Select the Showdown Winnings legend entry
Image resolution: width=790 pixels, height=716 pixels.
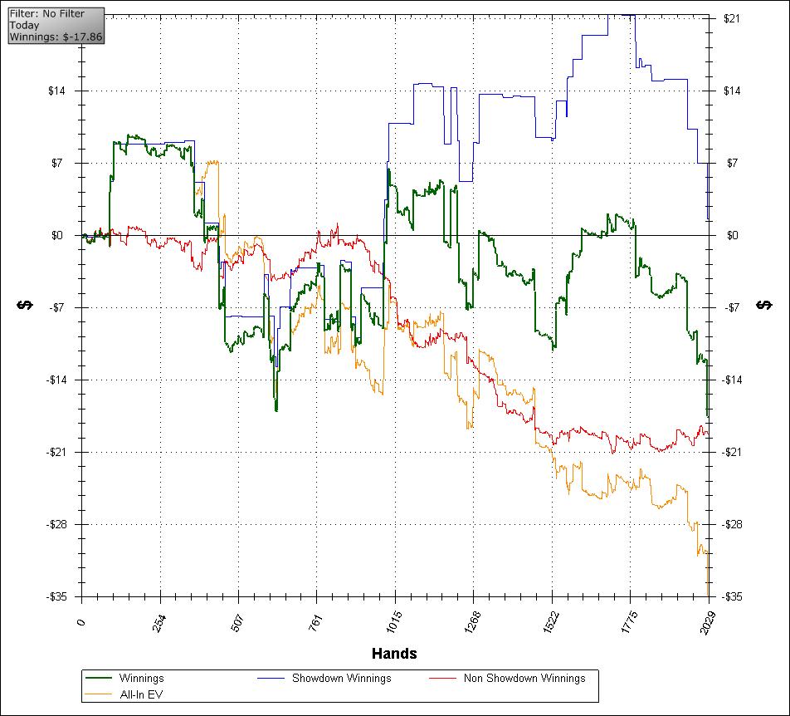click(341, 678)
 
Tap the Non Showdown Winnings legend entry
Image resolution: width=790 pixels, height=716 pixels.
click(524, 678)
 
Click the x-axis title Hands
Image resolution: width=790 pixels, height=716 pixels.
click(394, 654)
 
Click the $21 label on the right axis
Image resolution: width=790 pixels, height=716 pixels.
click(732, 19)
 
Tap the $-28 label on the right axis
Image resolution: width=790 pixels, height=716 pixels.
click(734, 525)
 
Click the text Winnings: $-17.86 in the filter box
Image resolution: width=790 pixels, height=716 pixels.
click(56, 37)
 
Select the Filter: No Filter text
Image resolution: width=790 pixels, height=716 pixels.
click(47, 14)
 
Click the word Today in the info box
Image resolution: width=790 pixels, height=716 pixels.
click(25, 25)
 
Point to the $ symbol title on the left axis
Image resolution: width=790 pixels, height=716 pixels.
click(24, 306)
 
